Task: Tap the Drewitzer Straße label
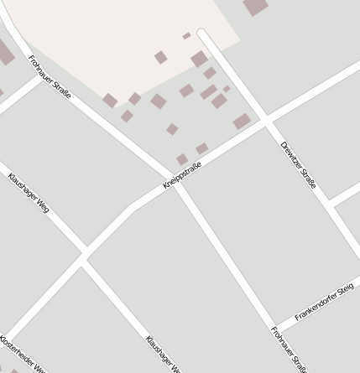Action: (x=299, y=163)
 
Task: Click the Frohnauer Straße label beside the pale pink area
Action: (x=50, y=77)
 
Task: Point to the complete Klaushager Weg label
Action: (x=28, y=191)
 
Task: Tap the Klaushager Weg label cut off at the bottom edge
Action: (x=163, y=355)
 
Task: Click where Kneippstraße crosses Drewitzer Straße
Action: (x=267, y=123)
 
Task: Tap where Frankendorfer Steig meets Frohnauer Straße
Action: (x=275, y=329)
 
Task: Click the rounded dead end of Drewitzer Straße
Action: (x=202, y=34)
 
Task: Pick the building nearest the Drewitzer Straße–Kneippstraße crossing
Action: (x=243, y=121)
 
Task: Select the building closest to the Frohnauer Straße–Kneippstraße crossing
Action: (x=182, y=159)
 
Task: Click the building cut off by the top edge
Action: (x=255, y=6)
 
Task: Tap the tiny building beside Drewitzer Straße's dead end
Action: (x=186, y=36)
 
